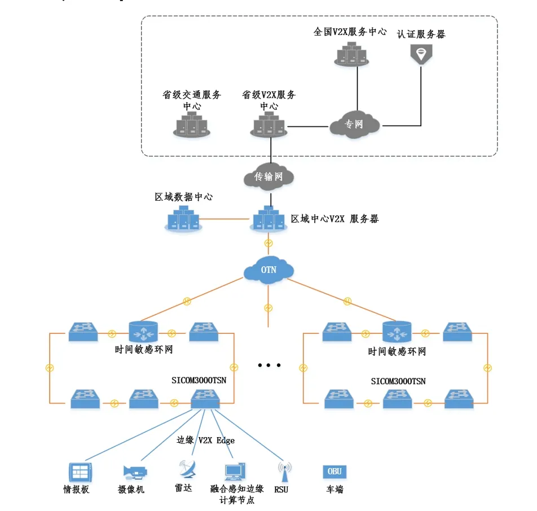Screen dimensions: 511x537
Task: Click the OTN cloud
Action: pos(269,270)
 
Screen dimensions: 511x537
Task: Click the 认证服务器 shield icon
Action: pos(420,54)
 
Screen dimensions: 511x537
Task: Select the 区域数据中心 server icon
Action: pos(183,218)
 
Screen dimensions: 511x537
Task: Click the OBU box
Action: pos(334,472)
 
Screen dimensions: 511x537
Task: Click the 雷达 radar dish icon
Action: pos(186,469)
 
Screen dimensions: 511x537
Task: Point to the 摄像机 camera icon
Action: pos(135,471)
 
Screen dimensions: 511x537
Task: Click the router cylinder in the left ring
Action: pos(144,332)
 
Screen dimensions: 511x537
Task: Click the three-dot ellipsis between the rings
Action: pos(269,365)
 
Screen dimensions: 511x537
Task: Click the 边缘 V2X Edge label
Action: pos(206,440)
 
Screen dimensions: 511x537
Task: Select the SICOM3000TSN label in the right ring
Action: pos(398,381)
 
